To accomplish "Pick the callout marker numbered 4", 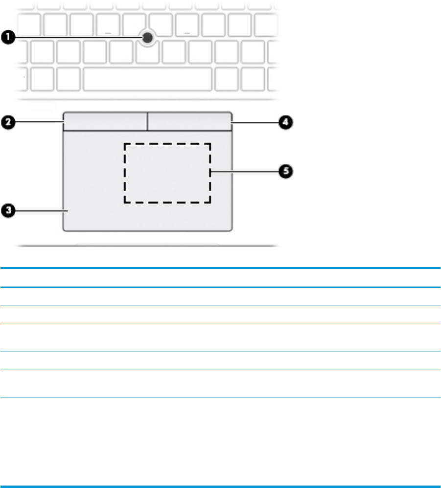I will pos(286,122).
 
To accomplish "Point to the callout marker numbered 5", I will pos(286,172).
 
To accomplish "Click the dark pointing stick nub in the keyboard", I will pos(147,37).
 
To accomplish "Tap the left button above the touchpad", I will pos(105,122).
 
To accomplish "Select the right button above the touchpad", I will pos(189,122).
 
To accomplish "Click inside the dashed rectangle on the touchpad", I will pos(167,173).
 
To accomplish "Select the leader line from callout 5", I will pos(245,172).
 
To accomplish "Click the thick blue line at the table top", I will pos(220,268).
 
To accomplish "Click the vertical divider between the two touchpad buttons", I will pos(147,122).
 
